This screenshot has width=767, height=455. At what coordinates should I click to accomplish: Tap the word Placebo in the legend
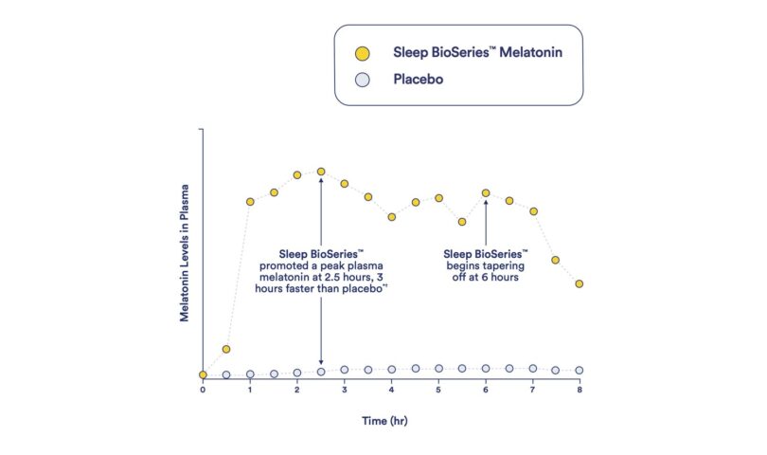click(419, 80)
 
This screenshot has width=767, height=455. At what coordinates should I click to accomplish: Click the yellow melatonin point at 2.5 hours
click(321, 172)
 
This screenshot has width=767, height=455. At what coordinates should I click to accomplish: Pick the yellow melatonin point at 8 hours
click(580, 283)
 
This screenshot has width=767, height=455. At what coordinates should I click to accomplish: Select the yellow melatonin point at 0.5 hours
click(226, 350)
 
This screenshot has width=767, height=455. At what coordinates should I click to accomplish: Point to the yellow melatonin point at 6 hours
click(486, 193)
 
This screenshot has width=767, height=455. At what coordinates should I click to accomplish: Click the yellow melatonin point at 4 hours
click(391, 217)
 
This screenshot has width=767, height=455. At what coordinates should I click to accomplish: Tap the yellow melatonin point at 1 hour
click(250, 202)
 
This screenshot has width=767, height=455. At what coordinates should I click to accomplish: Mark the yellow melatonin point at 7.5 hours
click(556, 260)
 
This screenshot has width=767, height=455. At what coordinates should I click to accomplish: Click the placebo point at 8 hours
click(580, 371)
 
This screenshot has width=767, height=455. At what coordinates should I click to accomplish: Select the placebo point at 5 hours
click(438, 369)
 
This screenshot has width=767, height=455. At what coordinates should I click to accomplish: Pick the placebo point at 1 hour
click(250, 374)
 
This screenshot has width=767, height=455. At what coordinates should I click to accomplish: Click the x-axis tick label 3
click(345, 390)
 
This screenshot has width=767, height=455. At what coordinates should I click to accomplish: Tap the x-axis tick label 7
click(533, 390)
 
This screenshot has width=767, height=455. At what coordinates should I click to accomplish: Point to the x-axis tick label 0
click(203, 390)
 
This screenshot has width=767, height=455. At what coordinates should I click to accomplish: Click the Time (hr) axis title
click(391, 418)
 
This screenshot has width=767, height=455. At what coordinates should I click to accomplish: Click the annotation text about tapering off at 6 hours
click(486, 265)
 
